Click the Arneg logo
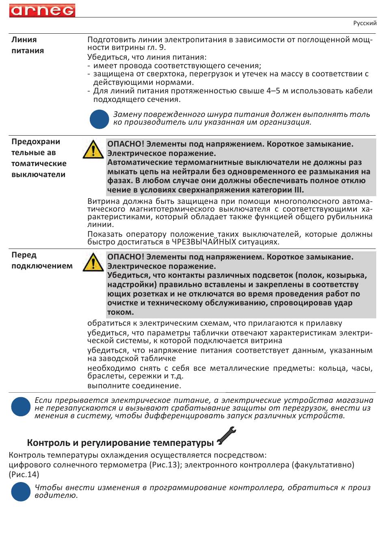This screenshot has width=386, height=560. (x=42, y=10)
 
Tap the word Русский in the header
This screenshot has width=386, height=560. (x=364, y=23)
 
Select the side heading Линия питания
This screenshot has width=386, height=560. (x=28, y=45)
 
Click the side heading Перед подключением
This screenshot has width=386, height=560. (x=42, y=260)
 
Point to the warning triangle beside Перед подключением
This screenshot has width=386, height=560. (x=93, y=262)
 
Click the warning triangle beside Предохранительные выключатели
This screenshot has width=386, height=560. (x=93, y=149)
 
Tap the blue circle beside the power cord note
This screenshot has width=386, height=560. (x=99, y=119)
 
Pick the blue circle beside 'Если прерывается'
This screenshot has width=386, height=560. (x=21, y=407)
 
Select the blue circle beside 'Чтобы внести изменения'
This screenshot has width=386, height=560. (x=21, y=491)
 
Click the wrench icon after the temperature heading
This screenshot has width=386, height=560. (x=226, y=436)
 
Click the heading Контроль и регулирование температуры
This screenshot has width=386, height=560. (x=120, y=443)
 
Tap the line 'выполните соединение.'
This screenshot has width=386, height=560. (x=134, y=385)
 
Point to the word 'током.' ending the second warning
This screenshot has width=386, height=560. (x=121, y=312)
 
